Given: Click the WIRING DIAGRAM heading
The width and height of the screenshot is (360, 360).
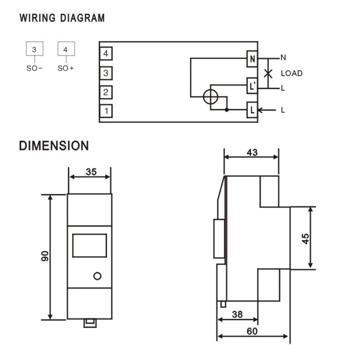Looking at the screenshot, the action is click(62, 18).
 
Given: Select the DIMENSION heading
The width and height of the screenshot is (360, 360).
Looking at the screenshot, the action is click(54, 145).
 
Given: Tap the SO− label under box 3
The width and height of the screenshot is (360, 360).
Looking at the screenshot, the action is click(34, 68).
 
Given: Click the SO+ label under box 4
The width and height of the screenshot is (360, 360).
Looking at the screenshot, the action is click(65, 68).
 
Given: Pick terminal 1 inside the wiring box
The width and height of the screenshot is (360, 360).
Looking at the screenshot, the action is click(106, 111).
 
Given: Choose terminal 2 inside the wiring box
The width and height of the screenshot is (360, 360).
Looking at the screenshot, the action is click(106, 92).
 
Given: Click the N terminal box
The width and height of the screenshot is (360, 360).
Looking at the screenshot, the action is click(252, 59).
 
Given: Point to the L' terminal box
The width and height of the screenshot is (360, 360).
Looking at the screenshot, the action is click(252, 85).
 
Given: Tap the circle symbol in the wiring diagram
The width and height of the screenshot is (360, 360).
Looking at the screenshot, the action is click(210, 96).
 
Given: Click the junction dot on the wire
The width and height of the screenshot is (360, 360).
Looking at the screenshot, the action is click(226, 110).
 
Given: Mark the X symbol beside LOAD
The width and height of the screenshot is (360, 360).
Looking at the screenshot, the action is click(268, 73).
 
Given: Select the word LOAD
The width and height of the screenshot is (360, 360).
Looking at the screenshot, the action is click(291, 73).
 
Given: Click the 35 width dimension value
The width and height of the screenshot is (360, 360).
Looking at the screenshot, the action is click(91, 171).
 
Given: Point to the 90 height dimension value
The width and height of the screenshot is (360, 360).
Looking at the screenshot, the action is click(45, 256).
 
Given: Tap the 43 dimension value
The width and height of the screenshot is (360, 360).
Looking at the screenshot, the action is click(252, 152).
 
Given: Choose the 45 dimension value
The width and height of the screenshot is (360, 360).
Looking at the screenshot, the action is click(305, 239).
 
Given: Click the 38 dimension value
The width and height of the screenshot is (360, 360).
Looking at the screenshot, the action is click(237, 314).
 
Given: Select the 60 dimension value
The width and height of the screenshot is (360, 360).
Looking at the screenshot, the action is click(252, 331).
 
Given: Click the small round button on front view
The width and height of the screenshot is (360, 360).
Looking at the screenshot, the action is click(97, 276).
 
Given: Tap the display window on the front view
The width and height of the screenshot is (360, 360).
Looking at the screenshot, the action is click(89, 245).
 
